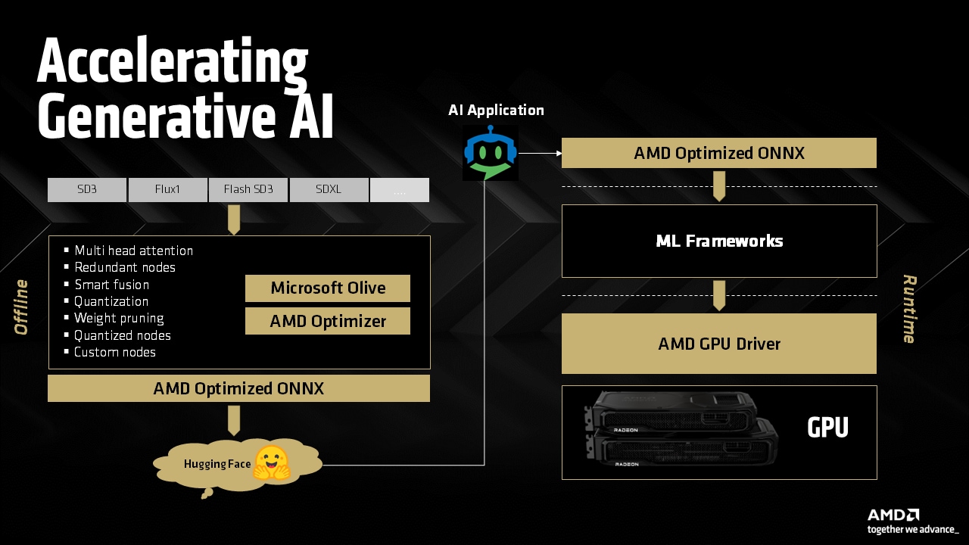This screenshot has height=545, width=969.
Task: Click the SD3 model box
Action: (87, 190)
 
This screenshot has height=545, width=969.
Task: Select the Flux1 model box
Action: (167, 190)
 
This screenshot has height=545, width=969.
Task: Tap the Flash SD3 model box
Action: (248, 190)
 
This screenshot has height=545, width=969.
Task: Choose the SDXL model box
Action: (329, 190)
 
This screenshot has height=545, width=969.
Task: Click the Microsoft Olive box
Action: (328, 288)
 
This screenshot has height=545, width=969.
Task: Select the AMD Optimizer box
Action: (328, 321)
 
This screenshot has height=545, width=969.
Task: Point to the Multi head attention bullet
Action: (133, 251)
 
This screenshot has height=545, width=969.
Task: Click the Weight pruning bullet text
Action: (119, 318)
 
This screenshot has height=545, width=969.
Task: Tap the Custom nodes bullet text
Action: (115, 352)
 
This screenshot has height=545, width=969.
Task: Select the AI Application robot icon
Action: (491, 153)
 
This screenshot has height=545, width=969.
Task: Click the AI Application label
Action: (496, 111)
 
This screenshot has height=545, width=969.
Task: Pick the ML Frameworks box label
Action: (719, 241)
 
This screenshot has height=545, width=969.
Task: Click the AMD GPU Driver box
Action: (719, 344)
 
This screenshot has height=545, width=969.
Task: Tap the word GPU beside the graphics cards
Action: (827, 428)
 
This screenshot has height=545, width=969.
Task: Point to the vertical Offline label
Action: (21, 307)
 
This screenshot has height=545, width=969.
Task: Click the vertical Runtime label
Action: (909, 309)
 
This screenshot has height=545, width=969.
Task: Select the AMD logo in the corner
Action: (894, 515)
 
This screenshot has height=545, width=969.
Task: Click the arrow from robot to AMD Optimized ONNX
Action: (540, 153)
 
